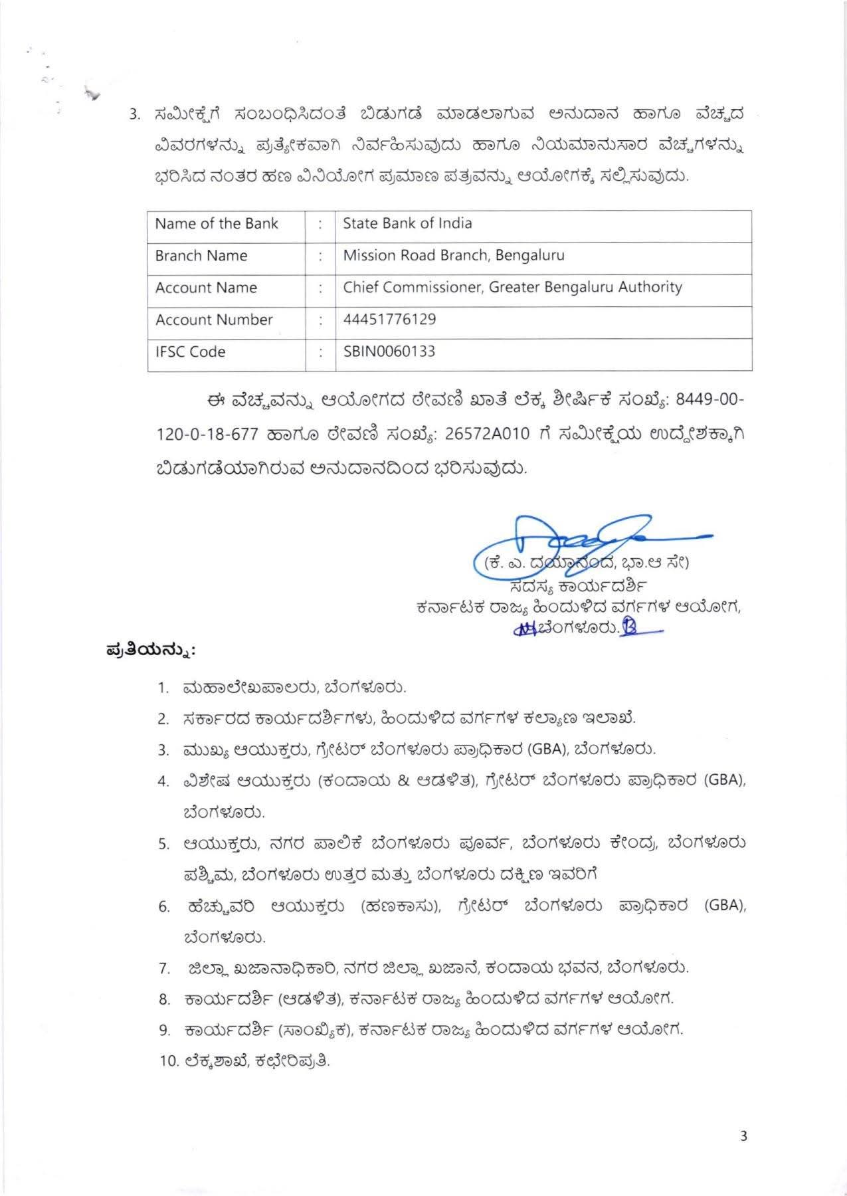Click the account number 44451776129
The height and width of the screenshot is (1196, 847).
(x=389, y=320)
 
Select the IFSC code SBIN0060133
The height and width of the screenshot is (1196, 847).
(x=389, y=351)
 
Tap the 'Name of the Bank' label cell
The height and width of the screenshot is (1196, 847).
(x=217, y=224)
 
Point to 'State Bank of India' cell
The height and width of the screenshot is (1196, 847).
(x=407, y=223)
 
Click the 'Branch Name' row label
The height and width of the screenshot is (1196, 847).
(x=201, y=256)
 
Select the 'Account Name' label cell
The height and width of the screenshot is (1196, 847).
(x=206, y=288)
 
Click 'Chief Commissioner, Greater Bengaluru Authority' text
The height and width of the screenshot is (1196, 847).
(x=512, y=287)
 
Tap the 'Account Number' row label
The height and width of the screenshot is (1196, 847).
(x=214, y=320)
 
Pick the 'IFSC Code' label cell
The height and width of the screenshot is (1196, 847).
(x=190, y=351)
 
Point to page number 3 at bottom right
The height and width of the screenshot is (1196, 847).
(x=743, y=1136)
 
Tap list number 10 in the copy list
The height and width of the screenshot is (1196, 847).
(x=169, y=1061)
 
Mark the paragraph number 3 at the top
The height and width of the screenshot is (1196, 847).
(x=134, y=114)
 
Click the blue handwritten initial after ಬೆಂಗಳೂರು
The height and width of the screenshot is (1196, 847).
(x=629, y=627)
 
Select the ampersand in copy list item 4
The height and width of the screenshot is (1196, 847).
(x=404, y=781)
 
